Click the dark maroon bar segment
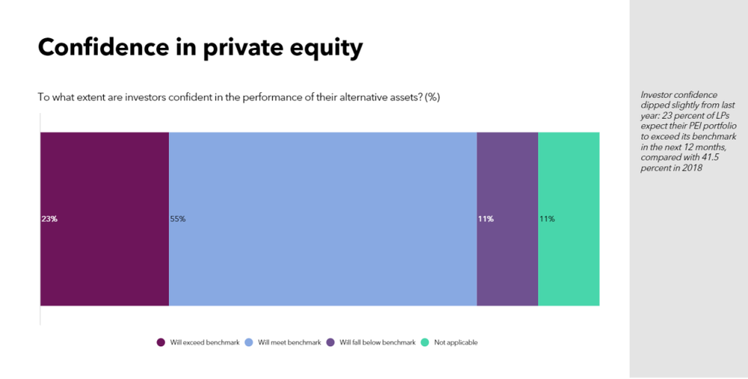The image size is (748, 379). point(105,219)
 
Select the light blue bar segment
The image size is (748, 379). point(323,219)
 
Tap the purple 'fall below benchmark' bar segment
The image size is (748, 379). point(508,219)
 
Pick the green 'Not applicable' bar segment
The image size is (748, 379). point(568,219)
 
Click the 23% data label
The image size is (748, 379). point(49,219)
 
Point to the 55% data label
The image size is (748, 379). point(178,219)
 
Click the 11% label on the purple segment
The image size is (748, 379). point(485,219)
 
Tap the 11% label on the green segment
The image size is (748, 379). point(548,219)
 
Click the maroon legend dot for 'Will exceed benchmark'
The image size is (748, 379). point(161,342)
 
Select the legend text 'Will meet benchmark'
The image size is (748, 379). point(289,343)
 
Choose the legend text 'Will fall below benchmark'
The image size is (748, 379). point(377,343)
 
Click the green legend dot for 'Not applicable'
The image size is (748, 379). point(425,342)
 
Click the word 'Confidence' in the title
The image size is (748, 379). point(103,48)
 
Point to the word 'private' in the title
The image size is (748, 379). point(239,49)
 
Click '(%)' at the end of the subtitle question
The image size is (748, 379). point(432,97)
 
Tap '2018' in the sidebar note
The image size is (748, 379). point(692,169)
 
